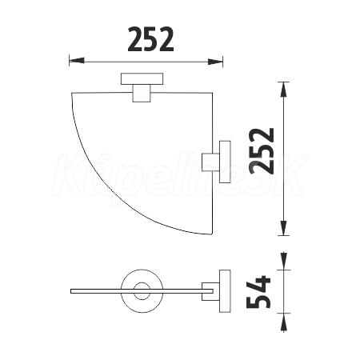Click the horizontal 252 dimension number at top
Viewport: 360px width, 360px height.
150,39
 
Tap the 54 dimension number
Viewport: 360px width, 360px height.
258,292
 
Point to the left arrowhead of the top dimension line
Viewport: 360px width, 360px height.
77,61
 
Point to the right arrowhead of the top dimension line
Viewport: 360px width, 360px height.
215,62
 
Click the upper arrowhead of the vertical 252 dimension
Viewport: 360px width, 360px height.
283,90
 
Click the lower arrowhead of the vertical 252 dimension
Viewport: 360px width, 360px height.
283,228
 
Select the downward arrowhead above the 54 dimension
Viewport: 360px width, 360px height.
283,261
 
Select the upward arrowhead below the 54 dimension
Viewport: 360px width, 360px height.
283,322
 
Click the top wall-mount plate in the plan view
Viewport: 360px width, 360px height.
142,78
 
